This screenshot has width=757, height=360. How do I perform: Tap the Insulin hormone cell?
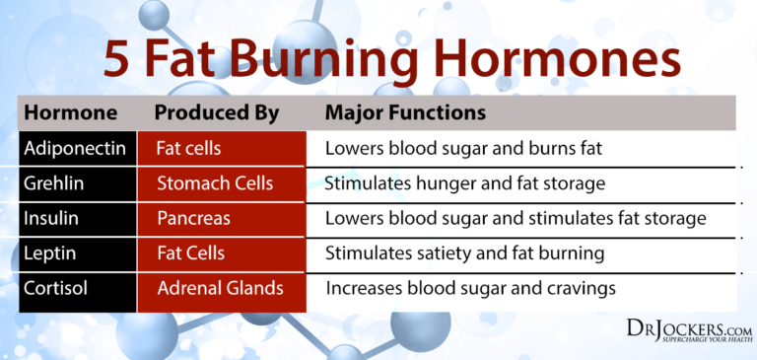coord(54,218)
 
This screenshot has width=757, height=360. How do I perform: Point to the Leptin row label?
coord(51,252)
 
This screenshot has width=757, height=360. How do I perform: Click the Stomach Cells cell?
coord(214,183)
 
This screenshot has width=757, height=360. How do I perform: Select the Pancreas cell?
coord(195,218)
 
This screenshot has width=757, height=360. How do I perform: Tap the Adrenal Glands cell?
coord(220,288)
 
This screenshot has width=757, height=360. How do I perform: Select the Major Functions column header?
coord(405,112)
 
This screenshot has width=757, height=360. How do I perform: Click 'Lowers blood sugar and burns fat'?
coord(462,149)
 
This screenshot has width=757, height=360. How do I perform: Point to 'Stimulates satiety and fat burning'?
coord(463,252)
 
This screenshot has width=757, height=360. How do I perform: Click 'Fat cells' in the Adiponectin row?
coord(188,149)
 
